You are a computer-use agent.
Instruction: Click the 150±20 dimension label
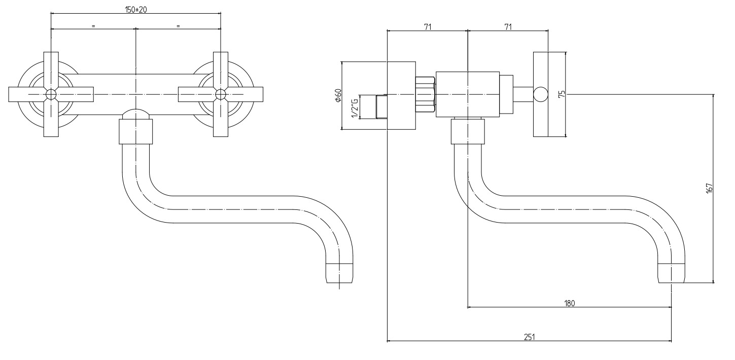pos(136,10)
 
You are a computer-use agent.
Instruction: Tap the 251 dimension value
pos(529,336)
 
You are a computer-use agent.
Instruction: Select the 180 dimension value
pos(569,303)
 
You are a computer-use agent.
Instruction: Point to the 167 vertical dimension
pos(710,188)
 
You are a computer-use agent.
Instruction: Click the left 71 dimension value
pos(427,27)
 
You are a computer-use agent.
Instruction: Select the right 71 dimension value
pos(508,27)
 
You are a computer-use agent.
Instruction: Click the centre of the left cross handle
pos(51,94)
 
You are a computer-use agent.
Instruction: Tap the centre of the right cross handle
pos(221,94)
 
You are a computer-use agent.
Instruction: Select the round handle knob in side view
pos(540,94)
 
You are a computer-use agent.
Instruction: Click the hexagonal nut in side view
pos(425,94)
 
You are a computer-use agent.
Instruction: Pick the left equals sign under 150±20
pos(93,25)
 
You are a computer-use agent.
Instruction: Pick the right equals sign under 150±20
pos(178,25)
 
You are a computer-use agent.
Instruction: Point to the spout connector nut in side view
pos(467,130)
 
